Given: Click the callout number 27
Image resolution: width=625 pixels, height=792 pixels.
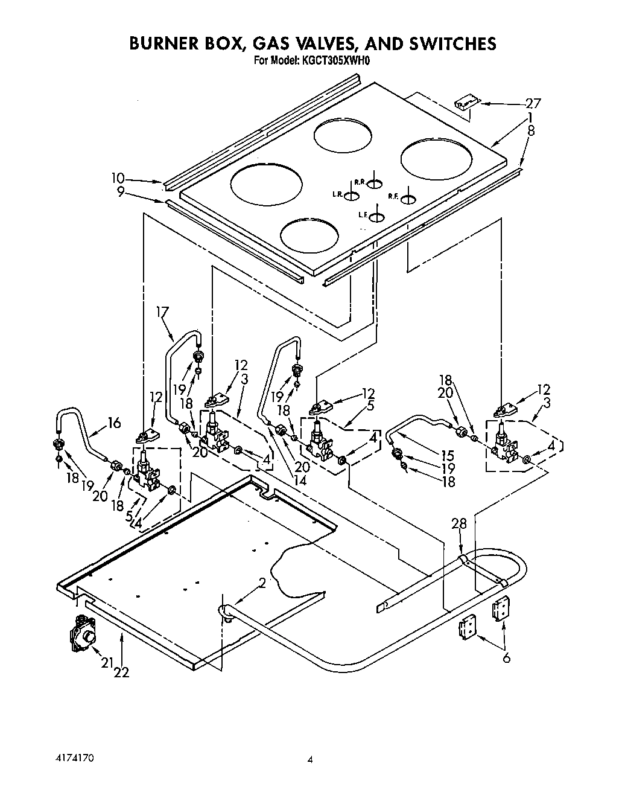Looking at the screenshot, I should (533, 103).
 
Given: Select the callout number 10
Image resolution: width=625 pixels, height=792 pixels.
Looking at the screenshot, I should (118, 178).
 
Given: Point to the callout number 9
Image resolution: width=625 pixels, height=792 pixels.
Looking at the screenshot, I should (121, 191).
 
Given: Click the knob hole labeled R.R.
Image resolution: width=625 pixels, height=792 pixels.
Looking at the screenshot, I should (375, 184).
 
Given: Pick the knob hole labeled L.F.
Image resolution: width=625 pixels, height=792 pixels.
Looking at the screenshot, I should (376, 217).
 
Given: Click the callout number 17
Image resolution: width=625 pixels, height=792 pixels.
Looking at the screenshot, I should (162, 311).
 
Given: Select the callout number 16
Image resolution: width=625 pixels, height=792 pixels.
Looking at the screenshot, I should (114, 423).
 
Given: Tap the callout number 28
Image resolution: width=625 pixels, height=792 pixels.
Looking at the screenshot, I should (459, 524).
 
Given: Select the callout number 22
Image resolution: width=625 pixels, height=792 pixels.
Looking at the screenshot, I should (122, 672).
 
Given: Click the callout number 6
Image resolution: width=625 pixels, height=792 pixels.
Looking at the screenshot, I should (507, 657).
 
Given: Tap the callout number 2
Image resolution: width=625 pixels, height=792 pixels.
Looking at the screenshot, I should (262, 583).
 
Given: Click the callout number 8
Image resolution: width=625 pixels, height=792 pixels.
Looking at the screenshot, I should (531, 129).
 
